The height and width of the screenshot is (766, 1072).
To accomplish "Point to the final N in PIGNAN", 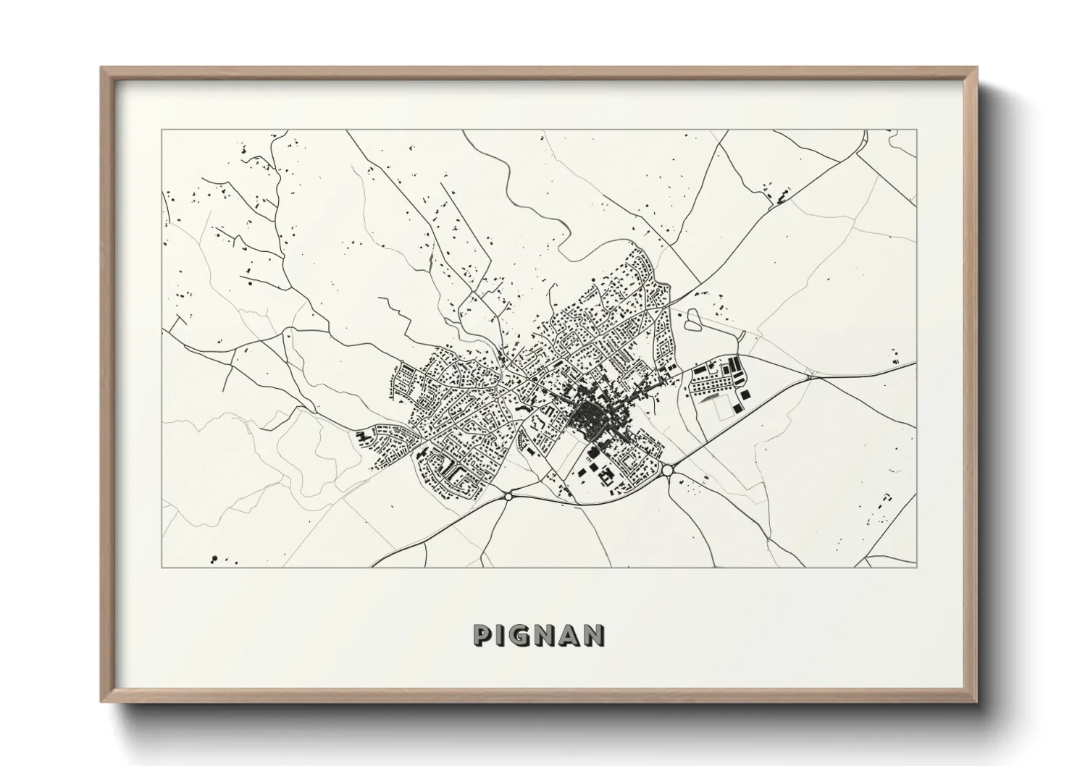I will point(594,635).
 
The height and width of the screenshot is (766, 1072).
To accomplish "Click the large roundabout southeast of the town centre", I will point(667,471).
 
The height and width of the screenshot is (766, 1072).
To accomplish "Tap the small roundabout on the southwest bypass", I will point(508,496).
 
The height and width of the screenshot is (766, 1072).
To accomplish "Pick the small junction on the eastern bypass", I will point(808,376).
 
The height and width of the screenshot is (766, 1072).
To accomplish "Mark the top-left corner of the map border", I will point(162,130).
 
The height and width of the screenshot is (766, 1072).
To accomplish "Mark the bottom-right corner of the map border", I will point(917,567).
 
